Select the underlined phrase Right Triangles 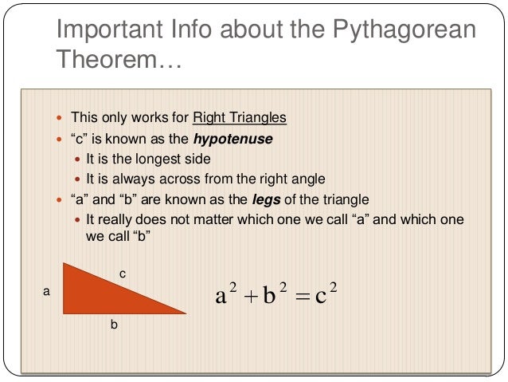point(240,119)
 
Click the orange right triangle point(96,294)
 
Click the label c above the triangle point(122,274)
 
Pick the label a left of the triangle point(45,293)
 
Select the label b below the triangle point(114,325)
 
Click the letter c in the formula point(321,297)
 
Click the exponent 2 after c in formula point(334,288)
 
